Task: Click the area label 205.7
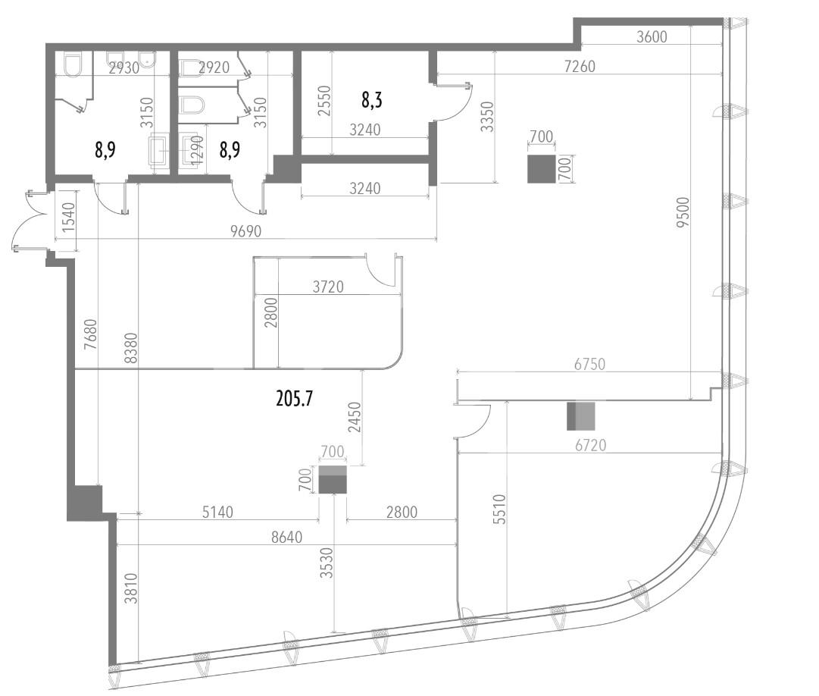point(294,400)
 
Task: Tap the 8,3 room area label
point(371,99)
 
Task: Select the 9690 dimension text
point(245,231)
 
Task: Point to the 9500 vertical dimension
point(683,212)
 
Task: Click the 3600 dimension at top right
point(652,36)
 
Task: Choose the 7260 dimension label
point(580,67)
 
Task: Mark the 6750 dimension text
point(589,364)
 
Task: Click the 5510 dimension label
point(499,509)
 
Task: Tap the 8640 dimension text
point(286,537)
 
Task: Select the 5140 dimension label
point(217,512)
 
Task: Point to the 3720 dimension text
point(328,287)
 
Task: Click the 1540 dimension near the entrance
point(68,217)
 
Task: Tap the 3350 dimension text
point(487,117)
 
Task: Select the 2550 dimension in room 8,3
point(324,101)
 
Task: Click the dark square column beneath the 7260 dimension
point(541,169)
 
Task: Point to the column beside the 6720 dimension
point(581,416)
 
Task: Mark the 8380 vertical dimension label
point(130,348)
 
